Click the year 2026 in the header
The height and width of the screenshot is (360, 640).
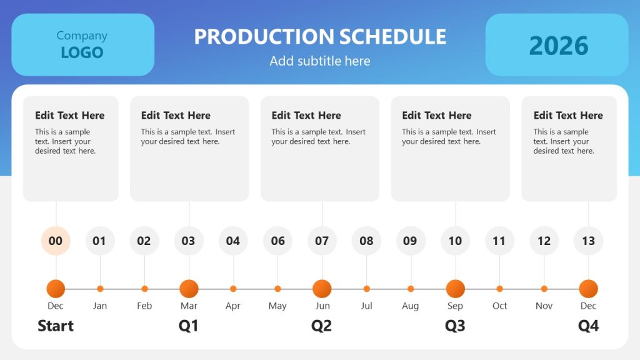pyautogui.click(x=558, y=46)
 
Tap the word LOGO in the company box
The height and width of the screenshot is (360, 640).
pyautogui.click(x=82, y=52)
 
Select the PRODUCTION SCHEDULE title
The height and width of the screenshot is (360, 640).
pyautogui.click(x=320, y=37)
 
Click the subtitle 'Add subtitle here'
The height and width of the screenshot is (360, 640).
pyautogui.click(x=320, y=61)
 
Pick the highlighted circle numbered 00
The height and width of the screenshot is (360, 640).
pyautogui.click(x=56, y=241)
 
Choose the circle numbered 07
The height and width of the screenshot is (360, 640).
pyautogui.click(x=322, y=241)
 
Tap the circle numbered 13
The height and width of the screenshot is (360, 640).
pyautogui.click(x=588, y=241)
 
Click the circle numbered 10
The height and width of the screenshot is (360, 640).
pyautogui.click(x=455, y=241)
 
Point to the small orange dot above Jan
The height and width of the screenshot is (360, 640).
pyautogui.click(x=100, y=289)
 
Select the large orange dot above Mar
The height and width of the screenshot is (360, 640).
pyautogui.click(x=189, y=289)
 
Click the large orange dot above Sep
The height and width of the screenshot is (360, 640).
pyautogui.click(x=455, y=289)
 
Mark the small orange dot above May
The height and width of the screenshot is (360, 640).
pyautogui.click(x=277, y=289)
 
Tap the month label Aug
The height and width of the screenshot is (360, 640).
pyautogui.click(x=411, y=306)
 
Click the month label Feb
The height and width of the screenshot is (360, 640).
pyautogui.click(x=144, y=306)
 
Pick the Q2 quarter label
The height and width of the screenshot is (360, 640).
pyautogui.click(x=322, y=326)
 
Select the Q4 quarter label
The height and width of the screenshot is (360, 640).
pyautogui.click(x=588, y=326)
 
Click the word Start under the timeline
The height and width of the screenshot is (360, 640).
pyautogui.click(x=56, y=326)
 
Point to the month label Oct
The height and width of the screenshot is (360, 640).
pyautogui.click(x=499, y=306)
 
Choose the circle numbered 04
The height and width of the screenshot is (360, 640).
pyautogui.click(x=233, y=241)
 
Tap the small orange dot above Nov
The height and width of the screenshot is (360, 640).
pyautogui.click(x=544, y=289)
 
